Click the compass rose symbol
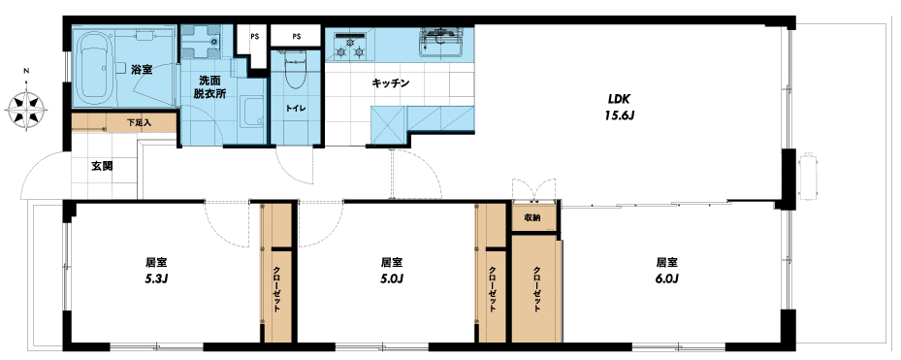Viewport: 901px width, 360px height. (x=26, y=108)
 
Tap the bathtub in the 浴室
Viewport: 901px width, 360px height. (x=94, y=66)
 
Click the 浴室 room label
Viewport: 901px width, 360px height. (x=142, y=70)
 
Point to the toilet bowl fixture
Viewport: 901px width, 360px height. (x=296, y=69)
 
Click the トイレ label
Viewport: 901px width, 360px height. (x=296, y=108)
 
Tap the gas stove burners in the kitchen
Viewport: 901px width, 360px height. (x=350, y=46)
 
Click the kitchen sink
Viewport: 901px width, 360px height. (x=442, y=42)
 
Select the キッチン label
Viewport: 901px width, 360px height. (x=390, y=83)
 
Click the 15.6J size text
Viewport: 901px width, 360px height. (x=619, y=115)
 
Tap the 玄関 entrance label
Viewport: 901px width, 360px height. (x=102, y=167)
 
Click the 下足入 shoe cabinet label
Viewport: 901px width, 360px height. (x=139, y=122)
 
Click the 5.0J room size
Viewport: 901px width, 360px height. (x=392, y=279)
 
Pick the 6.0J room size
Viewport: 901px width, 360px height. (x=667, y=279)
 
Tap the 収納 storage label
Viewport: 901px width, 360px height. (x=532, y=218)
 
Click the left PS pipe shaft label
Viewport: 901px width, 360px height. (x=254, y=37)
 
